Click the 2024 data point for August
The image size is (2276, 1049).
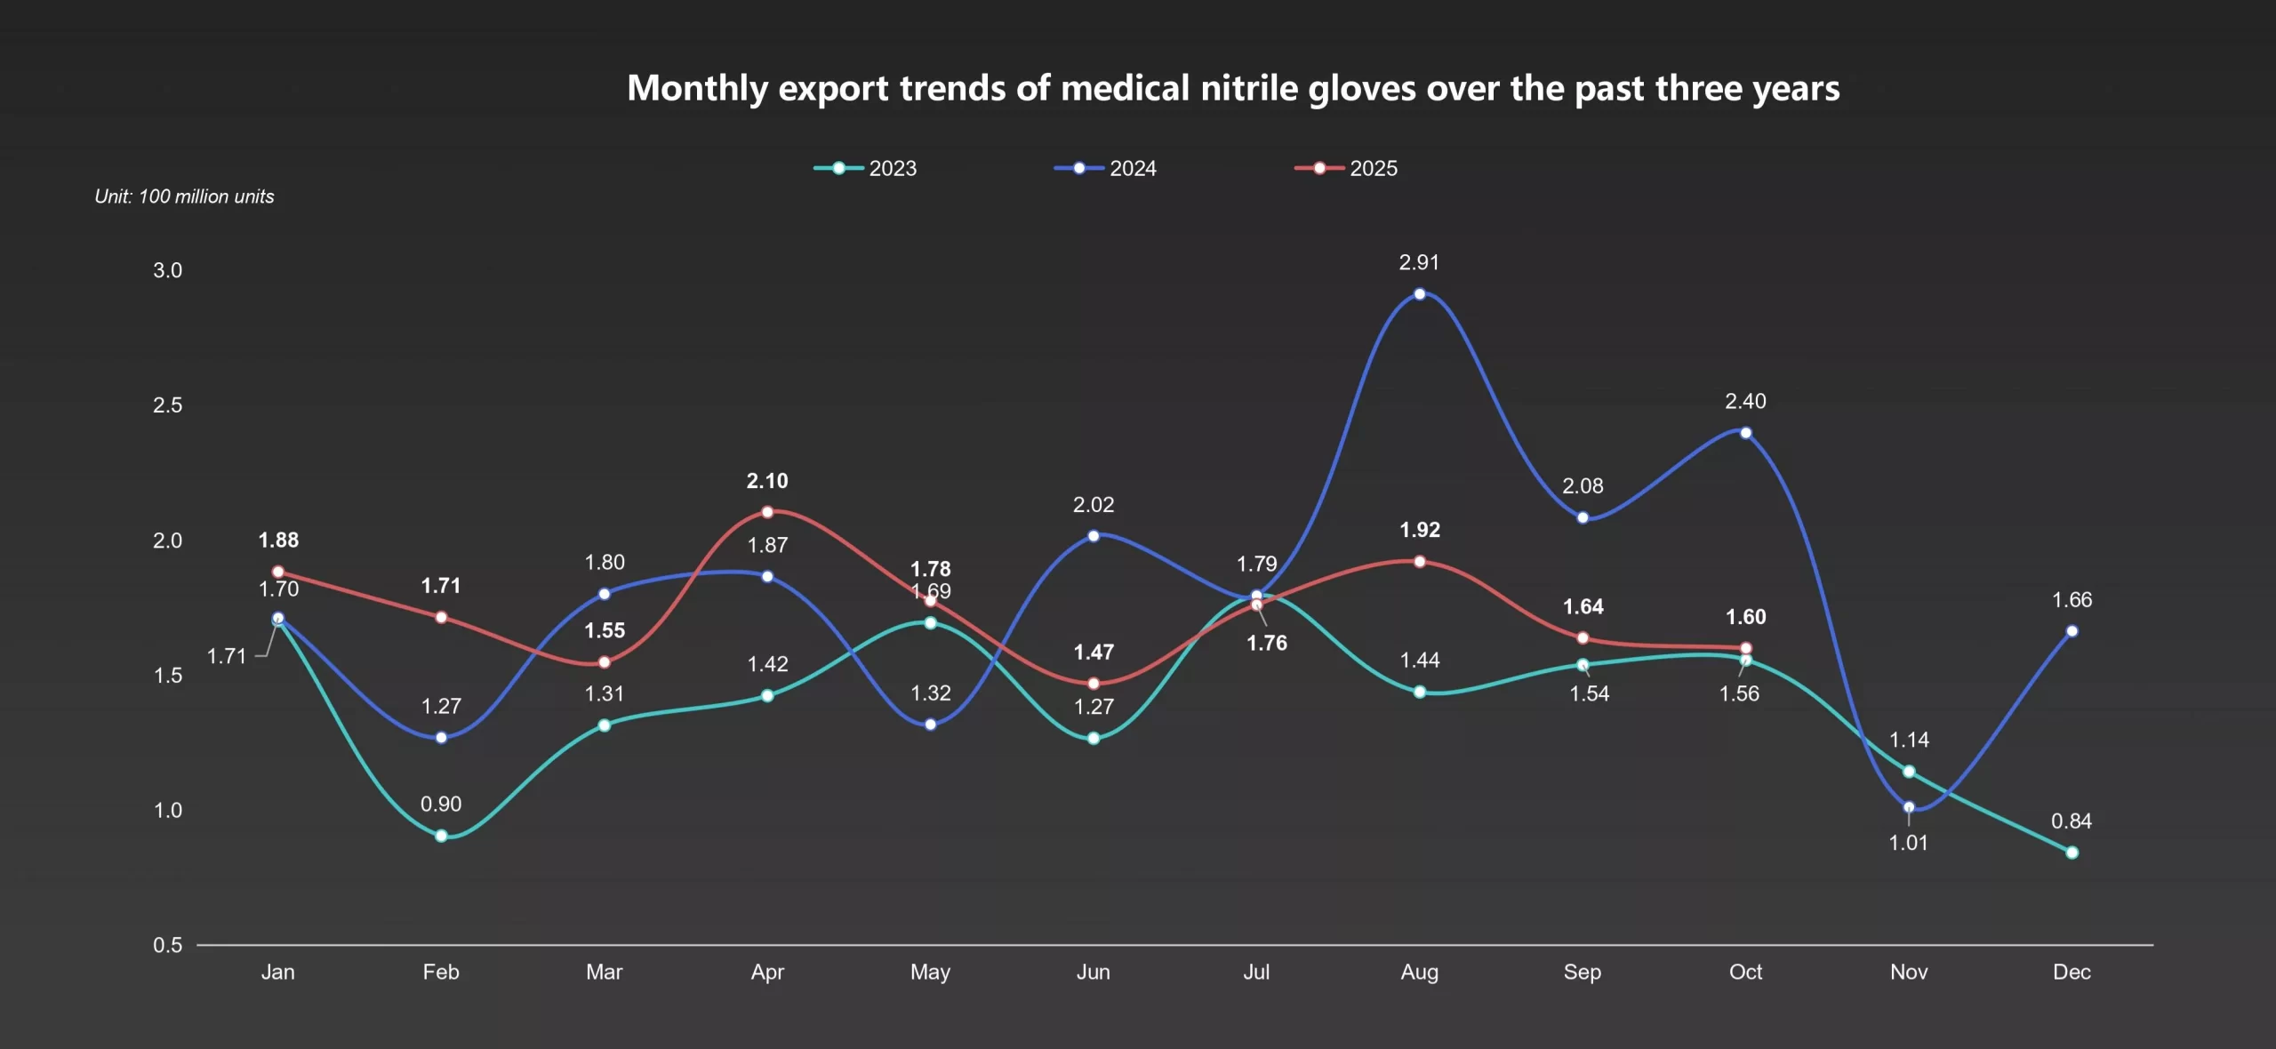pyautogui.click(x=1419, y=294)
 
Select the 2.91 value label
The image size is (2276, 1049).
pyautogui.click(x=1419, y=262)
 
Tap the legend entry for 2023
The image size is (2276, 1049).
pyautogui.click(x=866, y=168)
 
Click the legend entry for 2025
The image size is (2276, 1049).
pyautogui.click(x=1346, y=168)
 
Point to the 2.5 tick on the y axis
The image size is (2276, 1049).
pyautogui.click(x=167, y=405)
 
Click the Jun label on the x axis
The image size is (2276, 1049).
pyautogui.click(x=1093, y=972)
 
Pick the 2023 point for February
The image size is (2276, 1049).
pyautogui.click(x=441, y=836)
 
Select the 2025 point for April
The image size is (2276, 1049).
pyautogui.click(x=767, y=512)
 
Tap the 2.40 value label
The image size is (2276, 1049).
pyautogui.click(x=1745, y=401)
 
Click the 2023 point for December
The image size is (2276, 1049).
pyautogui.click(x=2072, y=853)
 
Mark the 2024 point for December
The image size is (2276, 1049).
pyautogui.click(x=2072, y=631)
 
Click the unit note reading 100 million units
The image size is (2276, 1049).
pyautogui.click(x=184, y=196)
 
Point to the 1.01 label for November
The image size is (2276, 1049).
pyautogui.click(x=1908, y=843)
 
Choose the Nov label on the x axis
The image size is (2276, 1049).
pyautogui.click(x=1908, y=972)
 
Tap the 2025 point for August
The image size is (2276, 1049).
pyautogui.click(x=1419, y=562)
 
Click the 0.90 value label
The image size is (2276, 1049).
pyautogui.click(x=441, y=804)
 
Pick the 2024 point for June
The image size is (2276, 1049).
pyautogui.click(x=1093, y=536)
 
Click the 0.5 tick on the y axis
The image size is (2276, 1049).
pyautogui.click(x=167, y=945)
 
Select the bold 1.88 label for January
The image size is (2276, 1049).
pyautogui.click(x=278, y=540)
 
